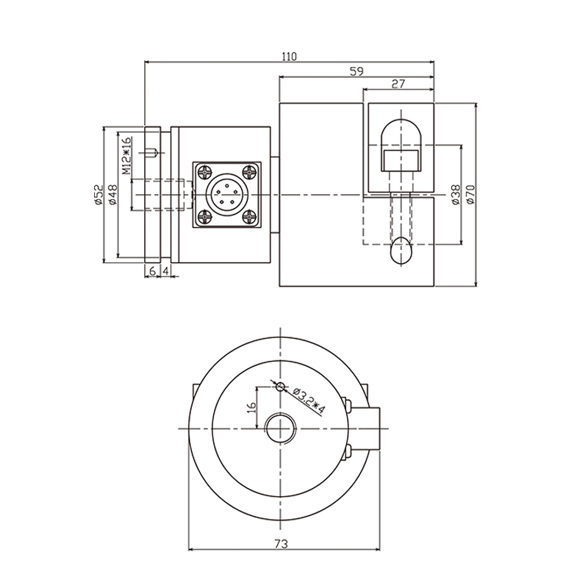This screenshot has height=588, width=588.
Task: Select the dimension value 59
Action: (x=356, y=71)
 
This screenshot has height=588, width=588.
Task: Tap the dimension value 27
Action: (x=398, y=85)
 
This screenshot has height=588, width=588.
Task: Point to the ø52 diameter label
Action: (x=97, y=193)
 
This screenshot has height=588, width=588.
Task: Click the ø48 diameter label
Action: (x=112, y=193)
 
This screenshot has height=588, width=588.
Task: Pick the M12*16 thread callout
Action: (x=126, y=155)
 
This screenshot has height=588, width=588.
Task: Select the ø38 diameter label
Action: (x=455, y=193)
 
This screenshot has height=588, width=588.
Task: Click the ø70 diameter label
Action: (x=471, y=193)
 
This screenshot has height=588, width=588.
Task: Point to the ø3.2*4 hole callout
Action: (x=309, y=402)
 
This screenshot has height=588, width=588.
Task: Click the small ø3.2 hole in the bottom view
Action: (x=279, y=386)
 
